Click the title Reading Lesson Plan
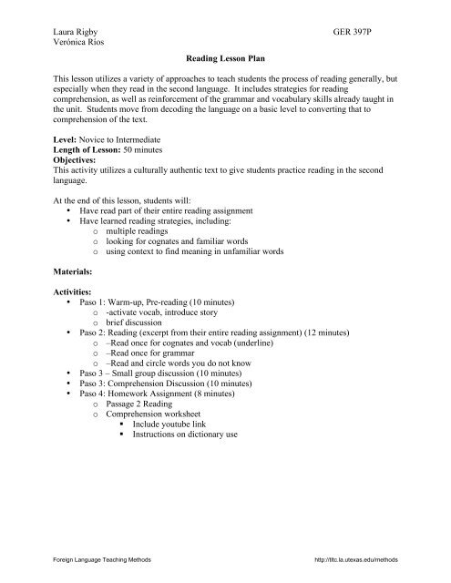224,57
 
